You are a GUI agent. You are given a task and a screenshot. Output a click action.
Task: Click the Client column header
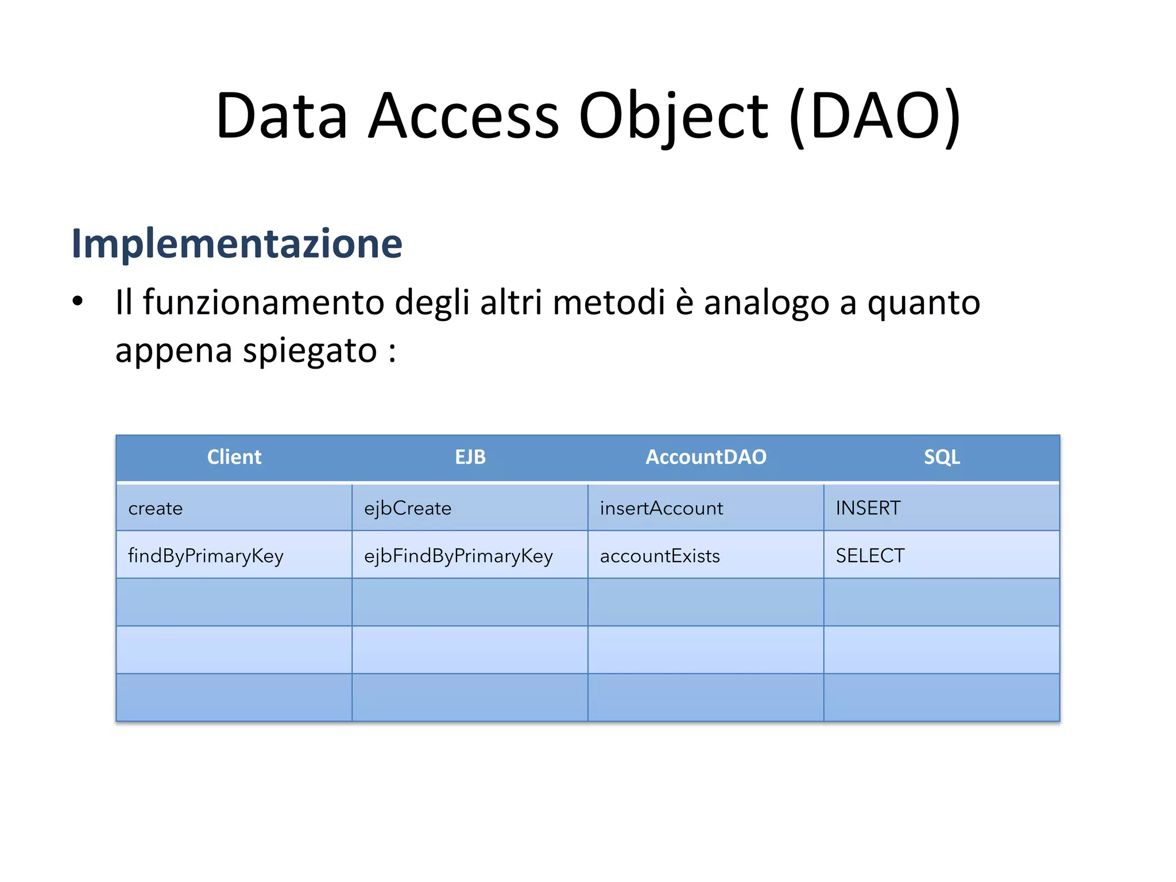(234, 457)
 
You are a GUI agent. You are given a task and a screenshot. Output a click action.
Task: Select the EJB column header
(470, 457)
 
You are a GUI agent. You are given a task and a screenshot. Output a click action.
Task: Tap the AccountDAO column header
(706, 457)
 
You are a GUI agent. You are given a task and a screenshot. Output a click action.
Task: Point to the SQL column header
(941, 457)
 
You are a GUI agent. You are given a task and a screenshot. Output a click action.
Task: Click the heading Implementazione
(237, 243)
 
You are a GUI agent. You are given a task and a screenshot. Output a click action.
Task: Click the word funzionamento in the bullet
(264, 303)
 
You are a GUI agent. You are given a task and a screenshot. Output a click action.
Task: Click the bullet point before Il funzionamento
(78, 301)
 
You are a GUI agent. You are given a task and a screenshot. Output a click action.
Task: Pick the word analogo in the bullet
(767, 303)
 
